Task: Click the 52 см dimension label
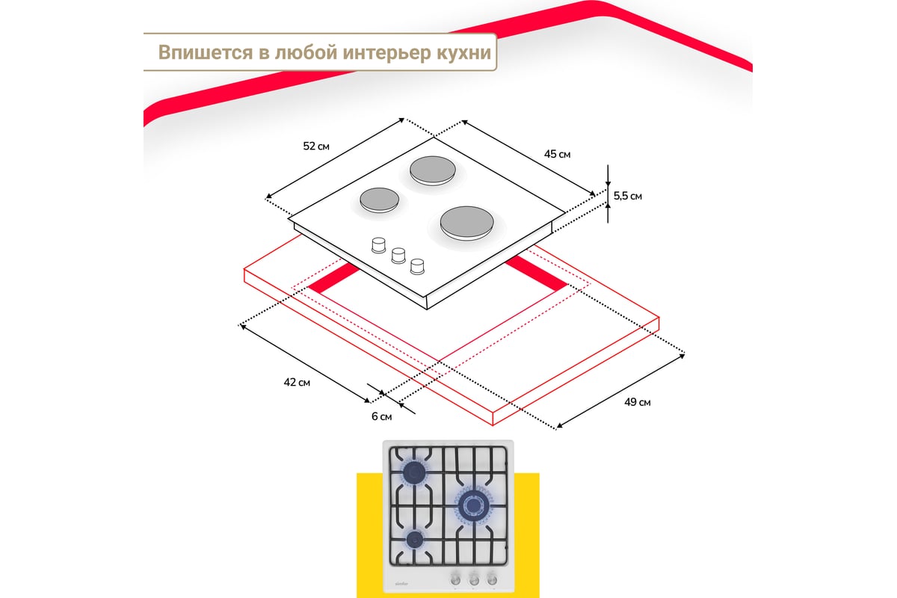316,147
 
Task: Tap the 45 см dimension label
557,154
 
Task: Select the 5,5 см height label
627,197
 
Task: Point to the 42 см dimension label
297,383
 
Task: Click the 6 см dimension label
382,416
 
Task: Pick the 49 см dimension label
637,402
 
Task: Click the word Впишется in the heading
206,52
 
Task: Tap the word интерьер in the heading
386,53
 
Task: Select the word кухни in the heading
463,53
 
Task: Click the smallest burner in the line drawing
379,200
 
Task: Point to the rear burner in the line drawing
433,170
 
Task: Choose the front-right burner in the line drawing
466,223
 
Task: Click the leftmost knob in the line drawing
378,245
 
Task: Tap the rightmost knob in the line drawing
417,267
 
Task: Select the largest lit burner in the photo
474,505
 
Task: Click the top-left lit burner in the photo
414,472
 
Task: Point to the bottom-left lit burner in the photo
415,540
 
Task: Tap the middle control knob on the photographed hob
474,579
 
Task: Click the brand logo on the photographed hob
401,584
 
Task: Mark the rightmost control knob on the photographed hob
492,579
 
